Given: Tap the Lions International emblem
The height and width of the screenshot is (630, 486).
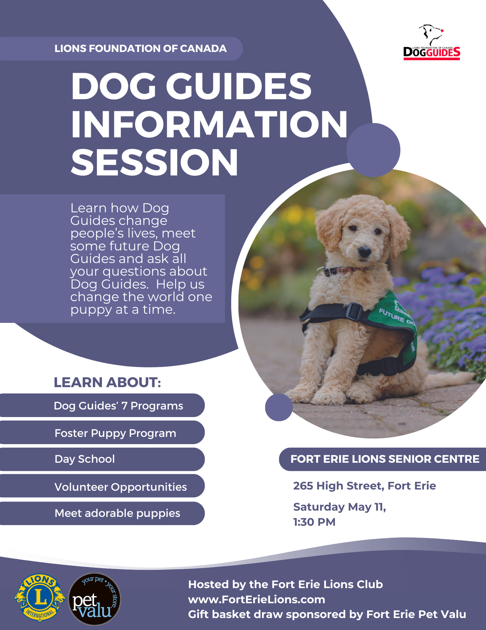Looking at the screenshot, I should click(x=40, y=597).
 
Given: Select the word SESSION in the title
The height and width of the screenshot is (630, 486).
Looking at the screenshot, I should click(x=154, y=162).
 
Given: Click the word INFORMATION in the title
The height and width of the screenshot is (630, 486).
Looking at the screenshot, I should click(x=209, y=124).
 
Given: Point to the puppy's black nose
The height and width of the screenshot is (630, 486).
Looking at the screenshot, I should click(x=364, y=251).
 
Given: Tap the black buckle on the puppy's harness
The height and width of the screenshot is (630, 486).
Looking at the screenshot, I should click(x=354, y=311).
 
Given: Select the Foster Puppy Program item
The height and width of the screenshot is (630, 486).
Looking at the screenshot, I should click(x=115, y=433).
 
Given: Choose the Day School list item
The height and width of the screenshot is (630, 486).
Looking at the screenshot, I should click(x=85, y=459).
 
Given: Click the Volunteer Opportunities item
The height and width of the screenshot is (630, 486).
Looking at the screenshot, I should click(x=120, y=487).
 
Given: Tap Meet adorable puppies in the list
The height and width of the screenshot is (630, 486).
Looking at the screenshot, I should click(x=117, y=513).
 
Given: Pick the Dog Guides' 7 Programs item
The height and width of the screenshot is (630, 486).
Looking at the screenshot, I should click(x=118, y=406).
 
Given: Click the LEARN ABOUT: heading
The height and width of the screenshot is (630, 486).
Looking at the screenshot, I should click(x=107, y=382).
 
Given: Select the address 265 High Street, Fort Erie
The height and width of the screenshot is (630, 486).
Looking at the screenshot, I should click(x=364, y=486).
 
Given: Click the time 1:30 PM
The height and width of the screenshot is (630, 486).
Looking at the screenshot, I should click(x=314, y=522).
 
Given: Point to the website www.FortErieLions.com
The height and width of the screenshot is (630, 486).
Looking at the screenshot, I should click(x=256, y=599).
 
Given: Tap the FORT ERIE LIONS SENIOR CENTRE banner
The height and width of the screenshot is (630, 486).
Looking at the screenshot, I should click(x=384, y=459).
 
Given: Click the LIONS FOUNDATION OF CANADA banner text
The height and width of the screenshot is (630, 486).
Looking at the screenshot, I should click(x=140, y=49).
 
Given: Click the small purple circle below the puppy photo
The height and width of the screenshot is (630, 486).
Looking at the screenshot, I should click(x=279, y=407).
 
